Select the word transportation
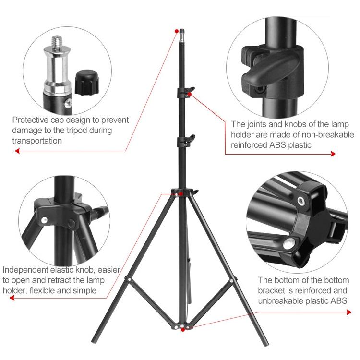coord(37,141)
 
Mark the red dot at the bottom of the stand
coord(184,329)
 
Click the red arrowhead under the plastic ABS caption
coord(349,312)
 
